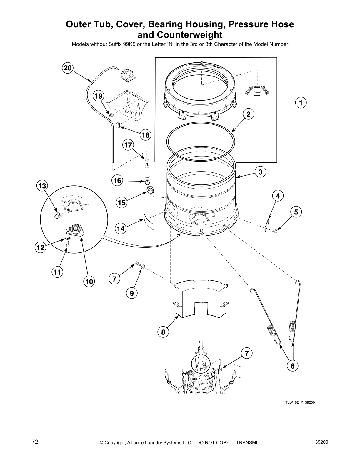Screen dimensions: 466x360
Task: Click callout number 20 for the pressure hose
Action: [68, 68]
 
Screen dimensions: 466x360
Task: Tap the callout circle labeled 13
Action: [42, 186]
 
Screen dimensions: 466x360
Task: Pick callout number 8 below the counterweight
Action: [163, 332]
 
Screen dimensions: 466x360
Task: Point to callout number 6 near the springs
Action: [292, 366]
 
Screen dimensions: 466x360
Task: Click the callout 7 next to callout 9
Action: [114, 278]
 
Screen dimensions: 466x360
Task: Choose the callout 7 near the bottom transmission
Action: [247, 353]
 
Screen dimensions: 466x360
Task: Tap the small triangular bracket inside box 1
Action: [257, 90]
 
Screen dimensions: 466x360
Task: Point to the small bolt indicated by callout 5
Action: [275, 232]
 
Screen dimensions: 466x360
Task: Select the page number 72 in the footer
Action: [35, 442]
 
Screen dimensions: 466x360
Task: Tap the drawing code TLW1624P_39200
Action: [300, 402]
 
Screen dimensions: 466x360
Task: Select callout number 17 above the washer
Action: [128, 145]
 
